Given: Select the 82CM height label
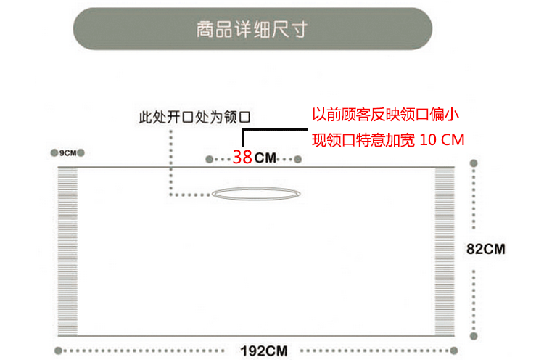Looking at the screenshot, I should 485,249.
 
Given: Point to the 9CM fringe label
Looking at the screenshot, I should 67,153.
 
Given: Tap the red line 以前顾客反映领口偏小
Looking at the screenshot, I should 384,115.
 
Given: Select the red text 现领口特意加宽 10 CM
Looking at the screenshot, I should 387,139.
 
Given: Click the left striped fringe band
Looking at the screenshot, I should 67,251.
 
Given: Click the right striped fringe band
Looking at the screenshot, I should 444,251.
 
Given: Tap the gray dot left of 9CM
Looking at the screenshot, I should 54,153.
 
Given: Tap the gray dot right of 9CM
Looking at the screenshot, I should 81,153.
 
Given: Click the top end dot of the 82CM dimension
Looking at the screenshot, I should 474,164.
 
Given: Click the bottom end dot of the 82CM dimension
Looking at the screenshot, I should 474,335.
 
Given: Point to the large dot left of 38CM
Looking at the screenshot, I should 209,158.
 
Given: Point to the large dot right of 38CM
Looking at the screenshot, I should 297,158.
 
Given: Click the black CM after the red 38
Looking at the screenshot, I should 265,157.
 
